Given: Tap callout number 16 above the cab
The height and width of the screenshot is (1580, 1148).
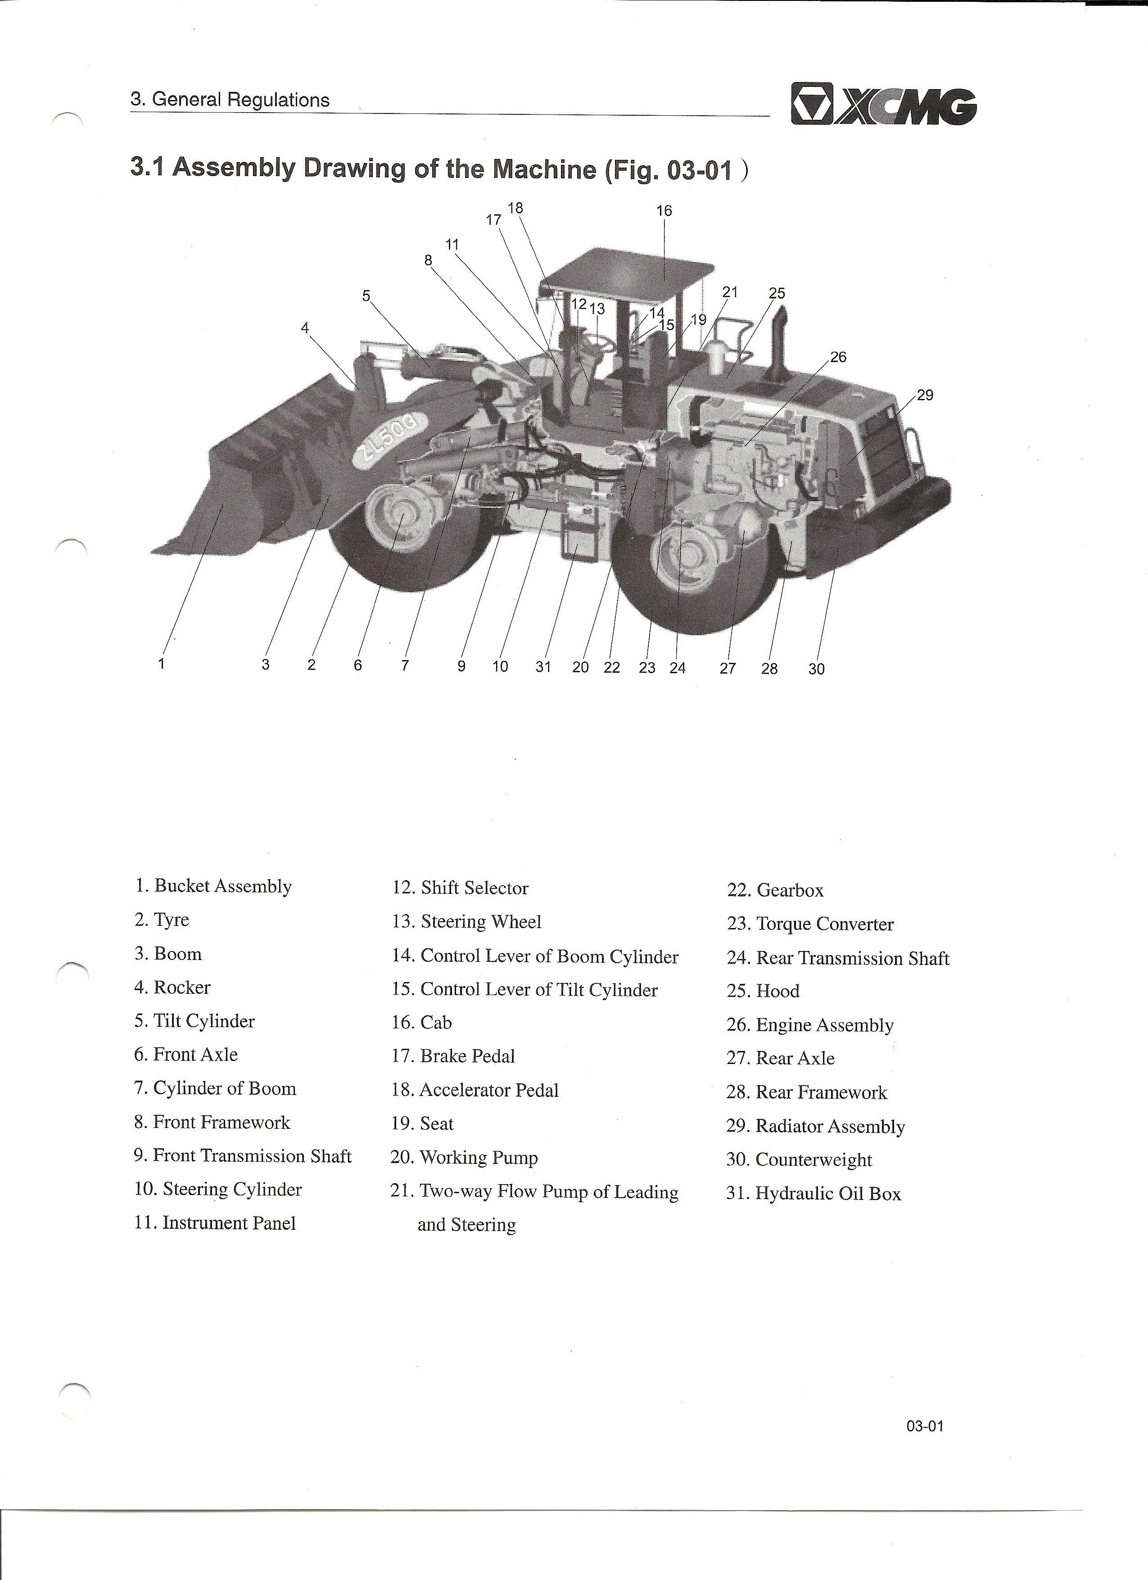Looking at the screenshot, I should (664, 210).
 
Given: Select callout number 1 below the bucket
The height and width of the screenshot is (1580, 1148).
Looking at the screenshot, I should (162, 663).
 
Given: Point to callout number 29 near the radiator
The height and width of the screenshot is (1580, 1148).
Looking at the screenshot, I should (924, 395).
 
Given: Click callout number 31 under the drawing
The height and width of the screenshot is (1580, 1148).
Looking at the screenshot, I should (543, 667).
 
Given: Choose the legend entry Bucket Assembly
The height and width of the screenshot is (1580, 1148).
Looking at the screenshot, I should (213, 886).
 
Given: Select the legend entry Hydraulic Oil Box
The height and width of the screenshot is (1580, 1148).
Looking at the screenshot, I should (814, 1193).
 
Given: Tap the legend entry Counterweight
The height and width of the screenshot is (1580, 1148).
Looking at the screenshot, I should (799, 1159).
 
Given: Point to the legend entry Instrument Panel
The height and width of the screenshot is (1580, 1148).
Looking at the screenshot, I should (215, 1222).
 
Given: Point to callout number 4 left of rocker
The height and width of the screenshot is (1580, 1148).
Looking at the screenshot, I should (304, 327).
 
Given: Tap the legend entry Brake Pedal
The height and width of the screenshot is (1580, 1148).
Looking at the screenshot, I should (453, 1056).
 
